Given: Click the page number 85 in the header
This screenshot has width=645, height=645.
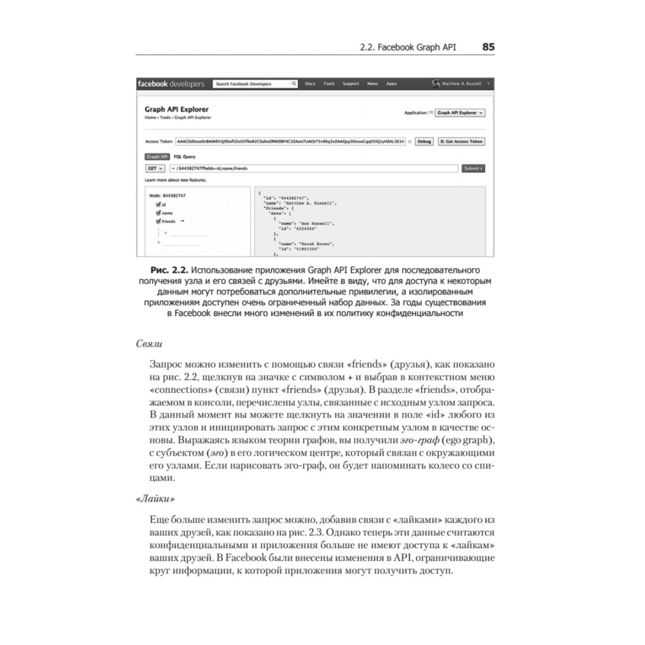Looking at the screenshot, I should point(488,47).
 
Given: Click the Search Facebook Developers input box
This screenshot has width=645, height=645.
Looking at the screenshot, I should point(251,84).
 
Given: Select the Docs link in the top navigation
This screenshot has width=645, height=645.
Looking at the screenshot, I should point(310,84).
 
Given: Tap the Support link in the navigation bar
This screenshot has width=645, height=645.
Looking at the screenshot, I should point(351,84).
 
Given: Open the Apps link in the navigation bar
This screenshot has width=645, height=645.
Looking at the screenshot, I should point(392,84).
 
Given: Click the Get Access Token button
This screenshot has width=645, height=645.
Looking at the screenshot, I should point(461,141).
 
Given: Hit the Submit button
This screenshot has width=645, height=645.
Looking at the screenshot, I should point(473,168).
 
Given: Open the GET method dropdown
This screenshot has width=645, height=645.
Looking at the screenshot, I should point(155,168).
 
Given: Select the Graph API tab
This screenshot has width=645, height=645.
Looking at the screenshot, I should point(157,156).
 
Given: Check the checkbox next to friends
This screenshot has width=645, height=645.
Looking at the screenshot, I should point(157,221).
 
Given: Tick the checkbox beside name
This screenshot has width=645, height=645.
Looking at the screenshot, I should point(157,212).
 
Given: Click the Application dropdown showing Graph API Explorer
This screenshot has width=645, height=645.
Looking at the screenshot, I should point(461,112).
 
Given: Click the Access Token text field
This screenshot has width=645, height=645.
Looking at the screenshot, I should point(290,141).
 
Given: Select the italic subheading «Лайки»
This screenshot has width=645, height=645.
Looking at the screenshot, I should point(155,499).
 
